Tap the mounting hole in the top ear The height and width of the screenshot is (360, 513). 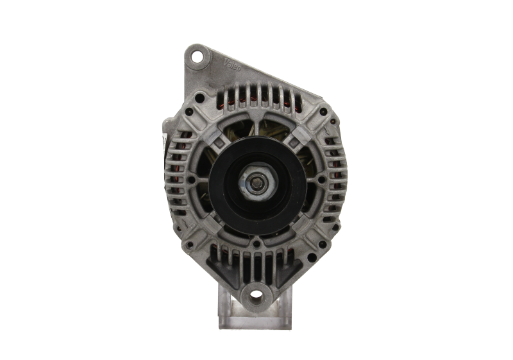(x=196, y=58)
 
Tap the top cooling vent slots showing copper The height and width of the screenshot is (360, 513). (x=256, y=97)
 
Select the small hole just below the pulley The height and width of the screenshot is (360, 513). (x=256, y=242)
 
